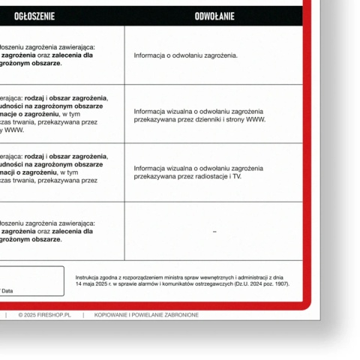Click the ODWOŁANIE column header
tap(214, 16)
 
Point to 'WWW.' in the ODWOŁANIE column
tap(256, 119)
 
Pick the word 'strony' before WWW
tap(236, 119)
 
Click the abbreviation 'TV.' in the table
tap(237, 177)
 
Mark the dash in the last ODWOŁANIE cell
tap(214, 232)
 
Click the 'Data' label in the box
tap(7, 290)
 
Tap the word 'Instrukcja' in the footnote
tap(88, 277)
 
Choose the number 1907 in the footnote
tap(280, 283)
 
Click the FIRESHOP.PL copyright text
tap(44, 315)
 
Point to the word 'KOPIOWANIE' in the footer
tap(111, 315)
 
